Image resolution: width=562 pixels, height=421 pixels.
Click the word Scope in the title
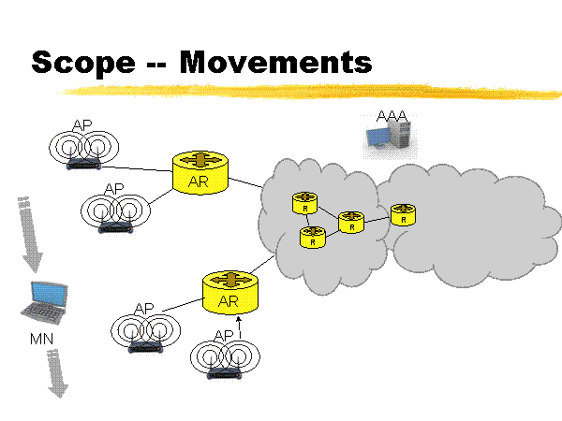tap(82, 62)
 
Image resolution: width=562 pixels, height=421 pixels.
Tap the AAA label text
tap(392, 115)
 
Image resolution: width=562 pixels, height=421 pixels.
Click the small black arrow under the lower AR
tap(239, 327)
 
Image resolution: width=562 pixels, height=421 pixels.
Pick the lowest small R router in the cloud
tap(311, 238)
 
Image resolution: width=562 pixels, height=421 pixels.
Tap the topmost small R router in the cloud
tap(305, 202)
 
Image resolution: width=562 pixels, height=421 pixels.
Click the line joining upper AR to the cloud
tap(245, 183)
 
